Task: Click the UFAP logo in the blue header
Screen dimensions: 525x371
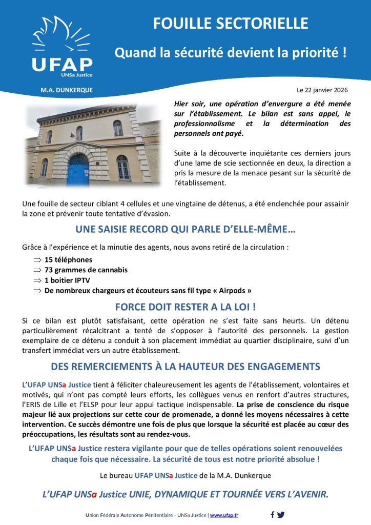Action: pyautogui.click(x=62, y=49)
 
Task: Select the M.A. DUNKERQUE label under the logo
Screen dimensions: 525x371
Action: pyautogui.click(x=67, y=90)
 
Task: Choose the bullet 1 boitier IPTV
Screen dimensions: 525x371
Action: pyautogui.click(x=71, y=280)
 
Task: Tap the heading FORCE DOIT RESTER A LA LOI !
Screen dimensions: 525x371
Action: pyautogui.click(x=186, y=307)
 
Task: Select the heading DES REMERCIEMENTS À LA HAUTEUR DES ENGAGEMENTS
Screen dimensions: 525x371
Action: pyautogui.click(x=186, y=367)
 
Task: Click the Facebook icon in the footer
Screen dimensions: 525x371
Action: pyautogui.click(x=273, y=514)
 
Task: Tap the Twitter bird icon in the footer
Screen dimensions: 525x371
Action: pyautogui.click(x=281, y=514)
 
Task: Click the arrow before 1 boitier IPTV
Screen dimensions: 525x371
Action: pyautogui.click(x=37, y=280)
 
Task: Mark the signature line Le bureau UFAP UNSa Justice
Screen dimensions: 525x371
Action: pyautogui.click(x=186, y=475)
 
